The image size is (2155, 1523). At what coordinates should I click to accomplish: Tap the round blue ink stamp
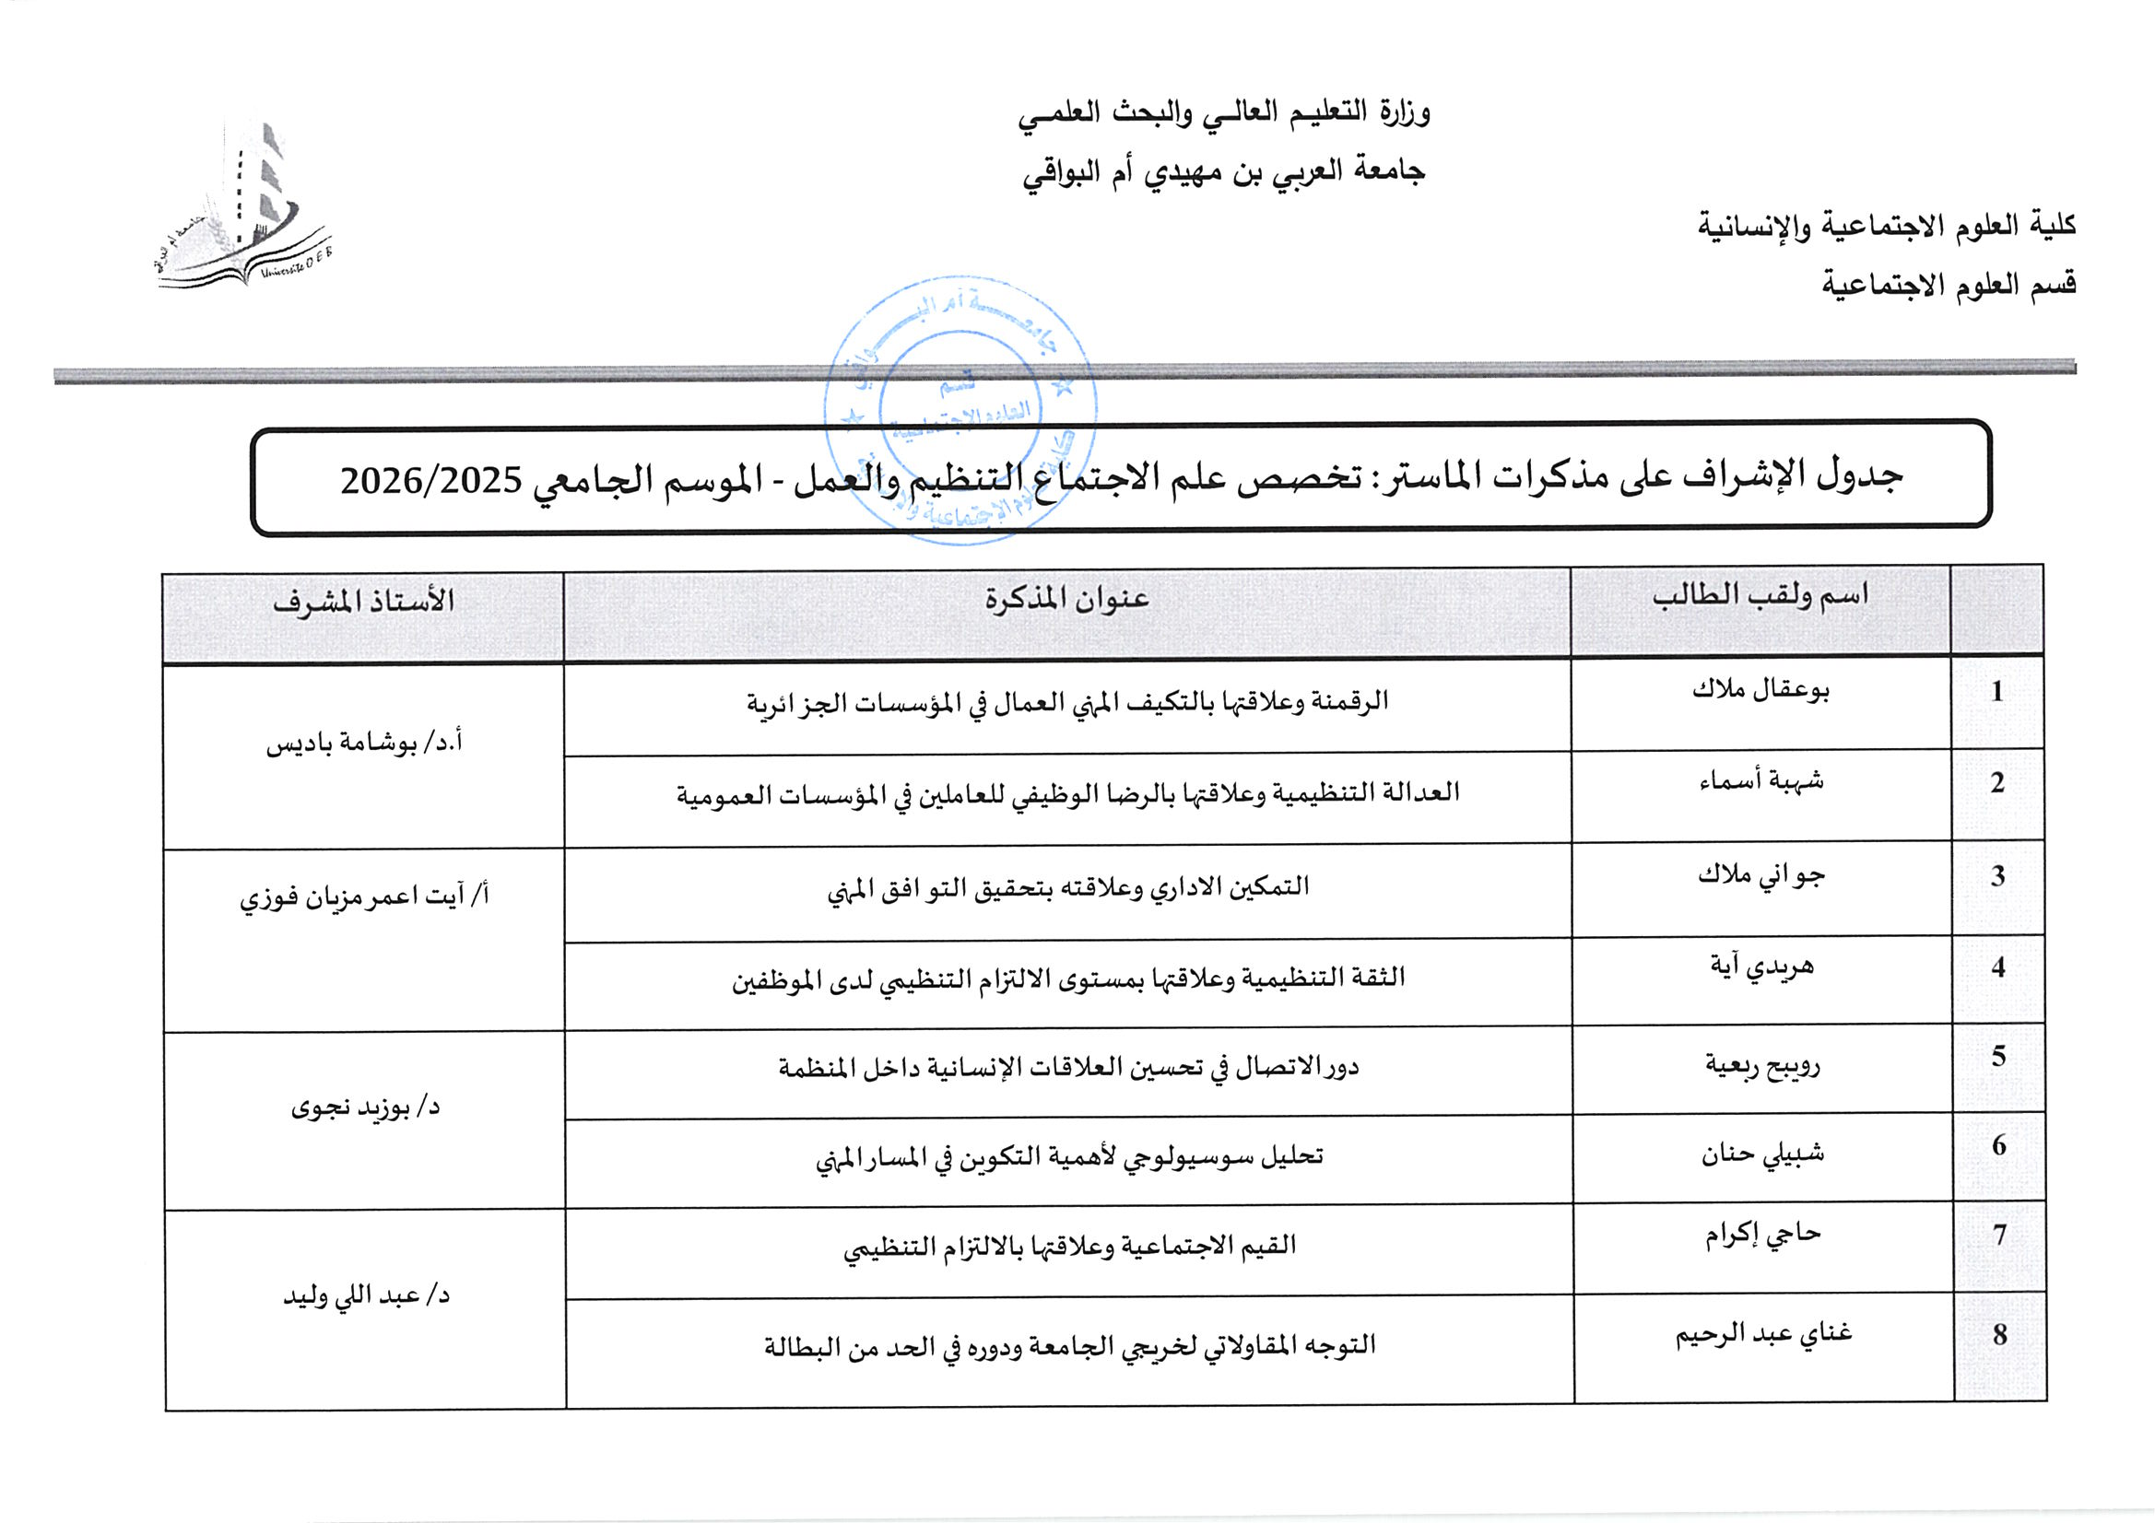pyautogui.click(x=960, y=411)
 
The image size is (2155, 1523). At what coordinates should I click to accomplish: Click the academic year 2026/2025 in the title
pyautogui.click(x=430, y=481)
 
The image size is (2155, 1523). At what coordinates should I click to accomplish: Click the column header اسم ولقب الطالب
pyautogui.click(x=1760, y=596)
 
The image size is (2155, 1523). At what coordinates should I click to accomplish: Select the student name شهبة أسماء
pyautogui.click(x=1761, y=781)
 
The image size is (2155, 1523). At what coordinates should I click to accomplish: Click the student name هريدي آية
pyautogui.click(x=1761, y=967)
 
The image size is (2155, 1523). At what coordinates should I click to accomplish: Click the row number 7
pyautogui.click(x=1999, y=1235)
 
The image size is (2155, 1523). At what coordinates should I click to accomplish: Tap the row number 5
pyautogui.click(x=1998, y=1057)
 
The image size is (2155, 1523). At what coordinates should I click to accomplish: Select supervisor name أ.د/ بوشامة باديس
pyautogui.click(x=364, y=744)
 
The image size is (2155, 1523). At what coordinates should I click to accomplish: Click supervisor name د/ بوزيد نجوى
pyautogui.click(x=365, y=1108)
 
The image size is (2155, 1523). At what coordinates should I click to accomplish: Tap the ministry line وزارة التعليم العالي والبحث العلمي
pyautogui.click(x=1224, y=113)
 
